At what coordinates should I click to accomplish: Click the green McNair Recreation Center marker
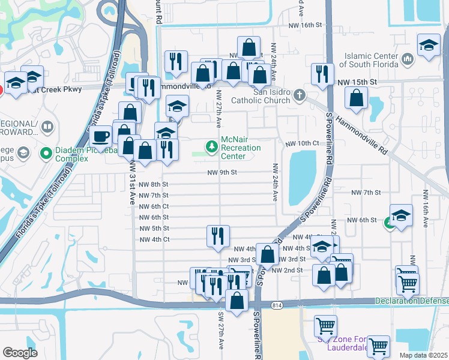click(x=211, y=146)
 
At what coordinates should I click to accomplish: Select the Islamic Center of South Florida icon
click(x=408, y=59)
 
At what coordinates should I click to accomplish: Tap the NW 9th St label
click(x=222, y=172)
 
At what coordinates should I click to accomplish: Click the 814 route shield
click(x=276, y=305)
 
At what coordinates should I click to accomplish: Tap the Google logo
click(x=20, y=352)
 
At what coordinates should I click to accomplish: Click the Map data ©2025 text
click(x=423, y=355)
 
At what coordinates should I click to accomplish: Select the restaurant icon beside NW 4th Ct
click(x=217, y=235)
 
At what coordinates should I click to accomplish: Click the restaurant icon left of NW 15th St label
click(x=322, y=73)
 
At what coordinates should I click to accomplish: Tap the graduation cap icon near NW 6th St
click(x=401, y=215)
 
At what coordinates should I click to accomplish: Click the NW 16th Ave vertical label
click(x=425, y=209)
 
